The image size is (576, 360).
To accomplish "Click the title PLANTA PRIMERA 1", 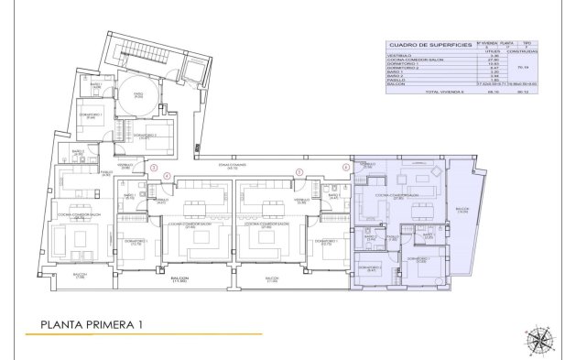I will coord(90,323).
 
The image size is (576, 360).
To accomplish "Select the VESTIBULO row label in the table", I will coord(399,54).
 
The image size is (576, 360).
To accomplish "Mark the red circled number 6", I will coord(346,167).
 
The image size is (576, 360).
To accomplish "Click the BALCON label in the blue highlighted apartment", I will coord(462,210).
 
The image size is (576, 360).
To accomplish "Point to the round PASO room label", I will coord(139,94).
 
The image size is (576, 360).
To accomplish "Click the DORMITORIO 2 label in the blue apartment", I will coord(369,267).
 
